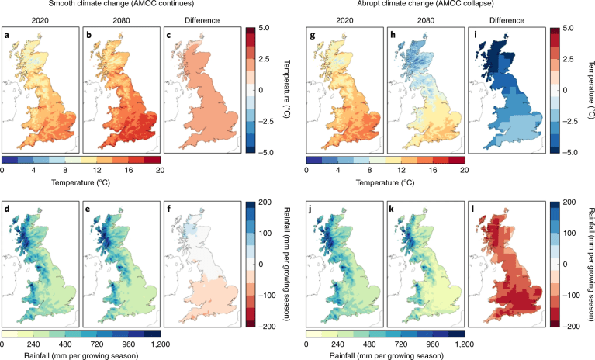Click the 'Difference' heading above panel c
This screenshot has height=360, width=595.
coord(202,20)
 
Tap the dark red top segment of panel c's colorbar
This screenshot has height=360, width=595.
coord(250,36)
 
